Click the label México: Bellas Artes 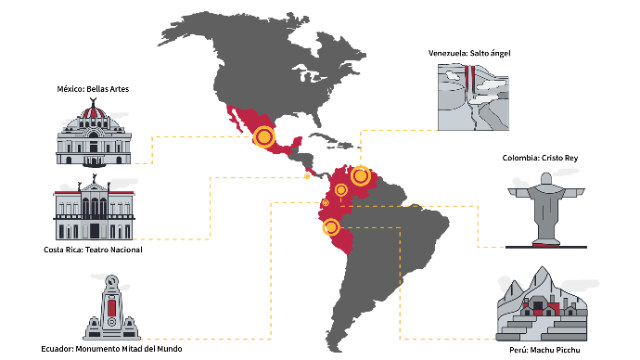click(93, 89)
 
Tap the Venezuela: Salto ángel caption click(469, 53)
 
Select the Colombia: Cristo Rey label click(540, 158)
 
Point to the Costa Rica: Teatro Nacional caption click(93, 250)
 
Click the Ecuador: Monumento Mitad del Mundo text click(111, 349)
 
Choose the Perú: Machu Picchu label click(544, 350)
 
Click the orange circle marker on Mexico click(263, 136)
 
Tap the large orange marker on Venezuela click(361, 176)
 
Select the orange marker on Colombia click(340, 190)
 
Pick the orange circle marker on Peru click(331, 227)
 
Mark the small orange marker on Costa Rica click(307, 176)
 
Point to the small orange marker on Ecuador click(326, 203)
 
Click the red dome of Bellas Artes click(94, 112)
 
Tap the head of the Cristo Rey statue click(546, 178)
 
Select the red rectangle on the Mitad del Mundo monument click(111, 308)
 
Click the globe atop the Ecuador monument click(112, 281)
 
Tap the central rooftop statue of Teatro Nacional click(95, 178)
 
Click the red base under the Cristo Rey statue click(546, 245)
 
